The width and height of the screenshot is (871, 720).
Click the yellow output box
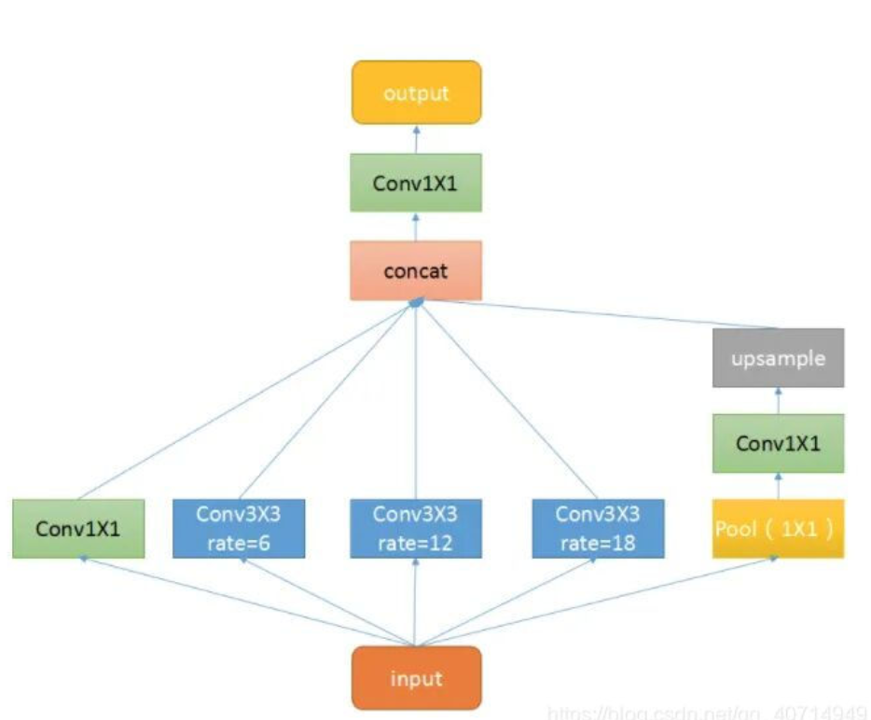tap(416, 92)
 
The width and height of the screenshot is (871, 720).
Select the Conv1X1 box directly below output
tap(416, 183)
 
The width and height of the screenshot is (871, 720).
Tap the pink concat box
tap(416, 271)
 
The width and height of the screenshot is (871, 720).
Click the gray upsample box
tap(778, 358)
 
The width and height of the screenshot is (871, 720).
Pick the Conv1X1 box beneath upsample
tap(778, 443)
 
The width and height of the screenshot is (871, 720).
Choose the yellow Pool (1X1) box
tap(778, 529)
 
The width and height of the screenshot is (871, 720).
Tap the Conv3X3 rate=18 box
tap(598, 528)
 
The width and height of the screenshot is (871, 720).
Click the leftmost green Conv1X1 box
tap(79, 529)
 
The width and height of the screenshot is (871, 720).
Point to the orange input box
tap(416, 677)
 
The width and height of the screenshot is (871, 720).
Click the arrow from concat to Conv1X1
tap(416, 227)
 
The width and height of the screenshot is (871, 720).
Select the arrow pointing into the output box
tap(416, 138)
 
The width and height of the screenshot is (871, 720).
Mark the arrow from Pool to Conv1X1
tap(778, 486)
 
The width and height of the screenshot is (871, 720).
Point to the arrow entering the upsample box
tap(778, 401)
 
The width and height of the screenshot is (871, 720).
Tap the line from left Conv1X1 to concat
tap(247, 401)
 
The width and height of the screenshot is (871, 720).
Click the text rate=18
tap(598, 542)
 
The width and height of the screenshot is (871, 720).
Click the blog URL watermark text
tap(708, 713)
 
